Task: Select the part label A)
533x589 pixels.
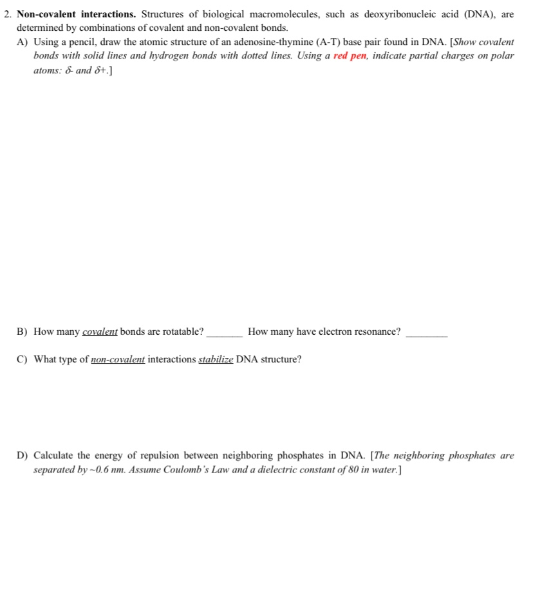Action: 23,42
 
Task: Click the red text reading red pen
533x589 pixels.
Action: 350,56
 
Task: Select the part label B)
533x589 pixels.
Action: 23,332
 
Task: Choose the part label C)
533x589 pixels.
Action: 23,359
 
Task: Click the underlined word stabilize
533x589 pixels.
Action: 216,359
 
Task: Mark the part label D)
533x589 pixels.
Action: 23,456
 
